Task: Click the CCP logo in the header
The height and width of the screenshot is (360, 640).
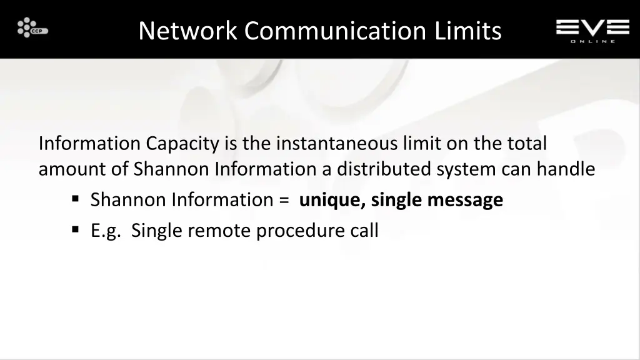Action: pos(32,28)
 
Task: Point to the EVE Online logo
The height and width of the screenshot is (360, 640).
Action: pos(592,30)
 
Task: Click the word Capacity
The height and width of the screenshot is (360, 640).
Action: pos(183,144)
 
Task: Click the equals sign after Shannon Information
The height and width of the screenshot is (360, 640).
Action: pos(284,201)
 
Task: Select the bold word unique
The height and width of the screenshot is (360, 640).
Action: pos(331,200)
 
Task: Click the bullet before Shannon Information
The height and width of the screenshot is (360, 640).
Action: pos(75,199)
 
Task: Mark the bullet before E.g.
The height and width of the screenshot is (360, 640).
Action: pos(75,230)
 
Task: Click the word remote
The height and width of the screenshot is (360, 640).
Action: pos(219,231)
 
